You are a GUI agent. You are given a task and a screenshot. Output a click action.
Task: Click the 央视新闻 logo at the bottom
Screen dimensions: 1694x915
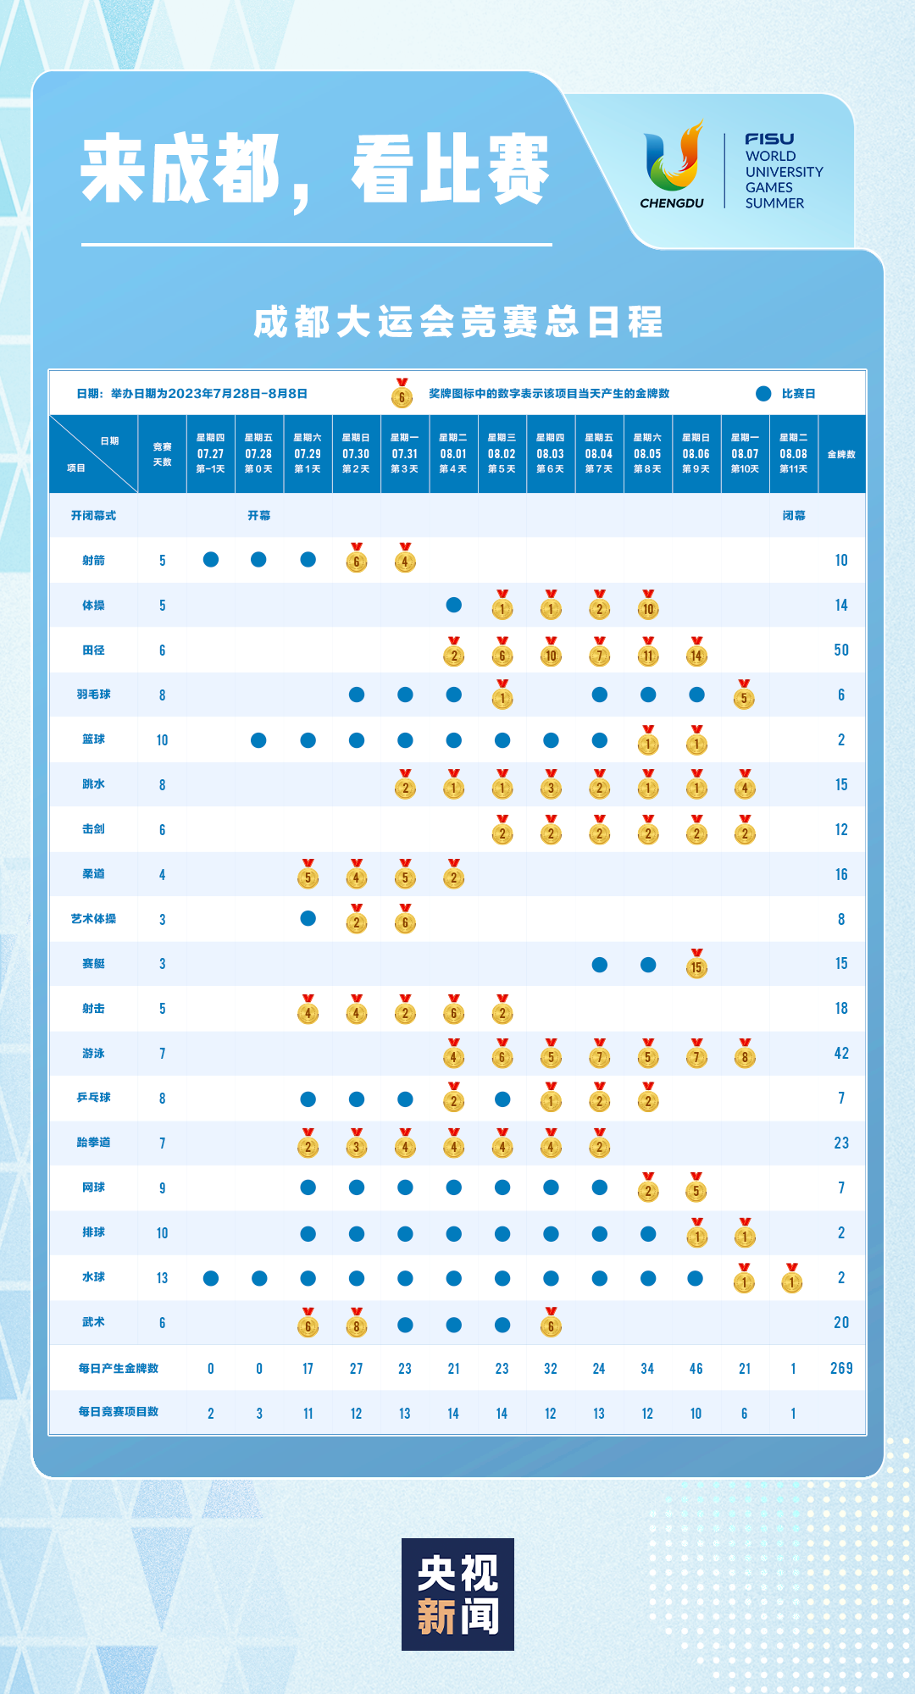pyautogui.click(x=457, y=1593)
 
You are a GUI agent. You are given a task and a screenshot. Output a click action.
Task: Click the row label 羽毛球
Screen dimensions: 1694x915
pyautogui.click(x=93, y=695)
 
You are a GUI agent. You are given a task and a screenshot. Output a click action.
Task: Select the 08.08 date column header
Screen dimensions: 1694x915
pyautogui.click(x=793, y=453)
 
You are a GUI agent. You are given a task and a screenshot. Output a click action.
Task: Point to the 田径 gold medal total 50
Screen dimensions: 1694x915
pyautogui.click(x=840, y=650)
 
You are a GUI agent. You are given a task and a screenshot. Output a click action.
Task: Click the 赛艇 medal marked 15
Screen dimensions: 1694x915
pyautogui.click(x=696, y=966)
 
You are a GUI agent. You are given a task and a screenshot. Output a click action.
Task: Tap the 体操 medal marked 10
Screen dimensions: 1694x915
pyautogui.click(x=648, y=606)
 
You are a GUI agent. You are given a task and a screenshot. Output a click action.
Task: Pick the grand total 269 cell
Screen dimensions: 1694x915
pyautogui.click(x=840, y=1368)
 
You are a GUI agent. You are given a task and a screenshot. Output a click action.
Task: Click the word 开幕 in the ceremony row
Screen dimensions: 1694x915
pyautogui.click(x=258, y=515)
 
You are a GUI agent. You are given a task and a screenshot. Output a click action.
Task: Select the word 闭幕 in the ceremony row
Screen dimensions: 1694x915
pyautogui.click(x=793, y=515)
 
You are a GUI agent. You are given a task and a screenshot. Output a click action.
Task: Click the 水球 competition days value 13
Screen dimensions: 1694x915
pyautogui.click(x=162, y=1277)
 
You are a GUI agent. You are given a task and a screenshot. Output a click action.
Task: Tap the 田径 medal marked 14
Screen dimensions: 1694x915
pyautogui.click(x=696, y=652)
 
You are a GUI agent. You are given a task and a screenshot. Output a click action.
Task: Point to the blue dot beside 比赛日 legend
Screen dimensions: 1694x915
pyautogui.click(x=763, y=393)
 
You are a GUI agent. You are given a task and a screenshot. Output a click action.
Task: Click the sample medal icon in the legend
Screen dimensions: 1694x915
pyautogui.click(x=402, y=394)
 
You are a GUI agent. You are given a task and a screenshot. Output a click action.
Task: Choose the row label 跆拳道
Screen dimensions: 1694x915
pyautogui.click(x=93, y=1143)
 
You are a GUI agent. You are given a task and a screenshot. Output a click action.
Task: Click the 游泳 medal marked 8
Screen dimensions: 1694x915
pyautogui.click(x=745, y=1055)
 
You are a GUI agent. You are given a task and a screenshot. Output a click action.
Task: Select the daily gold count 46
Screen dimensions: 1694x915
pyautogui.click(x=696, y=1368)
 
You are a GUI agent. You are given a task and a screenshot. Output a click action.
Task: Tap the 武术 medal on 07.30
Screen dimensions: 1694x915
pyautogui.click(x=357, y=1325)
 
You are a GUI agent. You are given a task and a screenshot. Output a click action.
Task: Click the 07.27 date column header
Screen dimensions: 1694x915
pyautogui.click(x=210, y=453)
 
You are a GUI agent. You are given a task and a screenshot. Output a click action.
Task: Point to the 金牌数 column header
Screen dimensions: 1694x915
pyautogui.click(x=841, y=454)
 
